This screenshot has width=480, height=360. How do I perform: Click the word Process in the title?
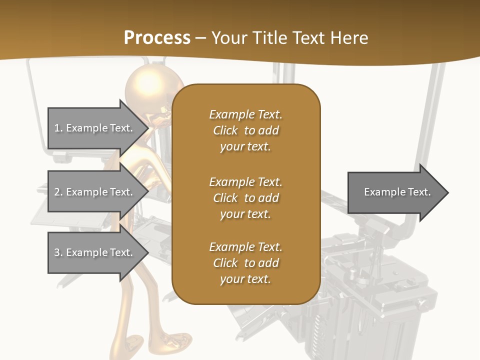[157, 38]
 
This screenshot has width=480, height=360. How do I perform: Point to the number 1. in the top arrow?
[58, 128]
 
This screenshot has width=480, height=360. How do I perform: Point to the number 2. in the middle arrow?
[58, 192]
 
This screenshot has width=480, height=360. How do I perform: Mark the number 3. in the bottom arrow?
[58, 252]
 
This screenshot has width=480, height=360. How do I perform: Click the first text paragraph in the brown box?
[245, 130]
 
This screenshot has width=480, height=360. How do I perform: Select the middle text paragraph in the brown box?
[245, 197]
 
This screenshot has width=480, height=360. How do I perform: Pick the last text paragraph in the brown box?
[245, 263]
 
